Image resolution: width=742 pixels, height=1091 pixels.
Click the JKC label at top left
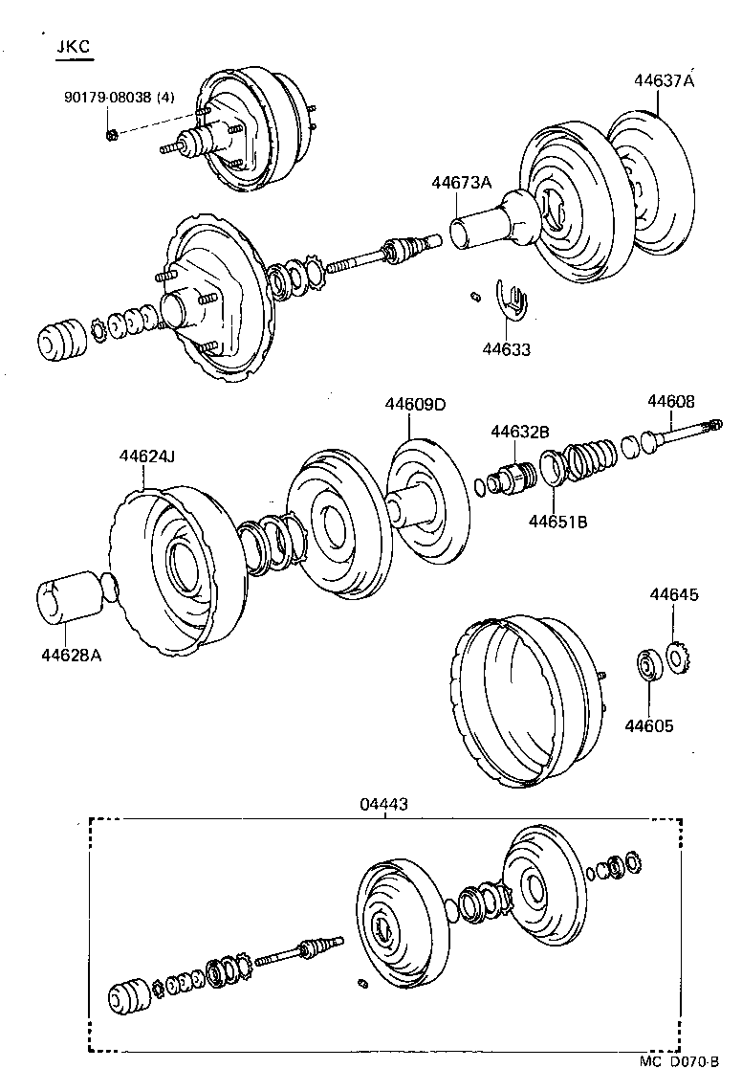click(x=73, y=47)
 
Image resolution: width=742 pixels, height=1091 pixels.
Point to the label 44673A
click(x=461, y=183)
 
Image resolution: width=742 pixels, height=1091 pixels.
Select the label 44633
click(x=506, y=350)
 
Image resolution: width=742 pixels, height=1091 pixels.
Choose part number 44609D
click(x=415, y=404)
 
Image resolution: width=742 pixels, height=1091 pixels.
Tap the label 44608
click(x=671, y=401)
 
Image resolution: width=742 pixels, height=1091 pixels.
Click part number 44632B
click(x=520, y=433)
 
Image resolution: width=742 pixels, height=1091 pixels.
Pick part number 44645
click(x=674, y=594)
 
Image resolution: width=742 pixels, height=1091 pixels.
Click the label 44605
click(x=649, y=726)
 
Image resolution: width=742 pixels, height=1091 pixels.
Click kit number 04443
click(x=384, y=805)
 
